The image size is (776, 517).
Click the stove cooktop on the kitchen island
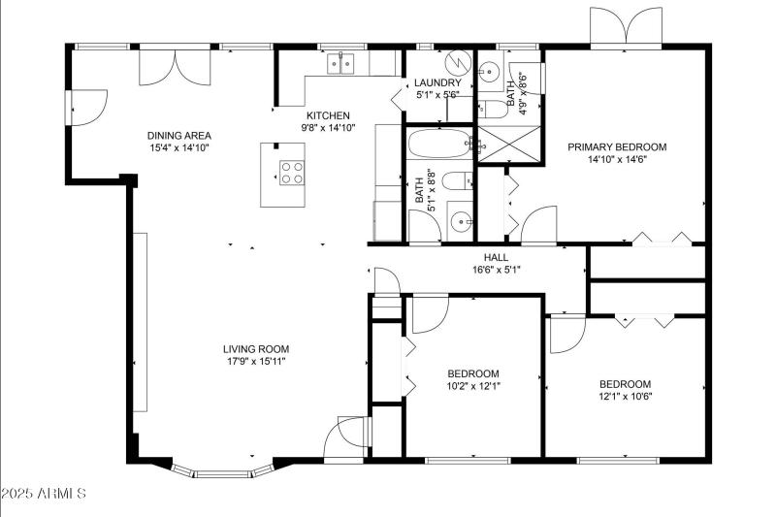pos(291,172)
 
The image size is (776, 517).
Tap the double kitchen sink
pos(341,64)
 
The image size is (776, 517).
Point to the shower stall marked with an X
pos(512,145)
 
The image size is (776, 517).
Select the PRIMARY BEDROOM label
pos(617,147)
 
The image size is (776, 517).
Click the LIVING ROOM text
pos(256,349)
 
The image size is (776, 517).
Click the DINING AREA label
pos(179,136)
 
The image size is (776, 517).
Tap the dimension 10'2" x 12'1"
pos(473,386)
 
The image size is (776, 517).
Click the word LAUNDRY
pos(437,83)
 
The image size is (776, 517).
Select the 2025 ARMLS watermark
pos(44,494)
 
